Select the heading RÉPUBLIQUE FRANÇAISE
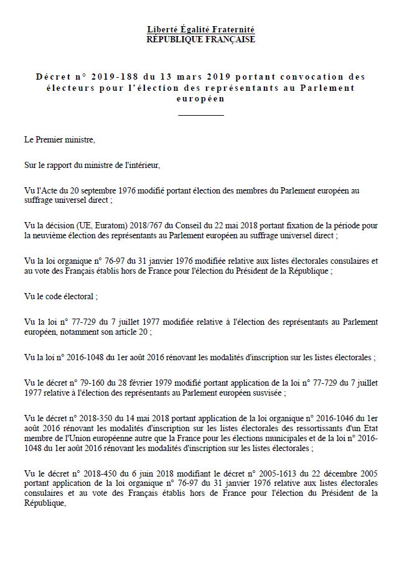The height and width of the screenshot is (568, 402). tap(200, 39)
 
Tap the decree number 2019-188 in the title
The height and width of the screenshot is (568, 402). tap(114, 77)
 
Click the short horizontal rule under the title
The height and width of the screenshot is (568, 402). tap(200, 115)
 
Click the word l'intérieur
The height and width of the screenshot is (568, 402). tap(142, 165)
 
